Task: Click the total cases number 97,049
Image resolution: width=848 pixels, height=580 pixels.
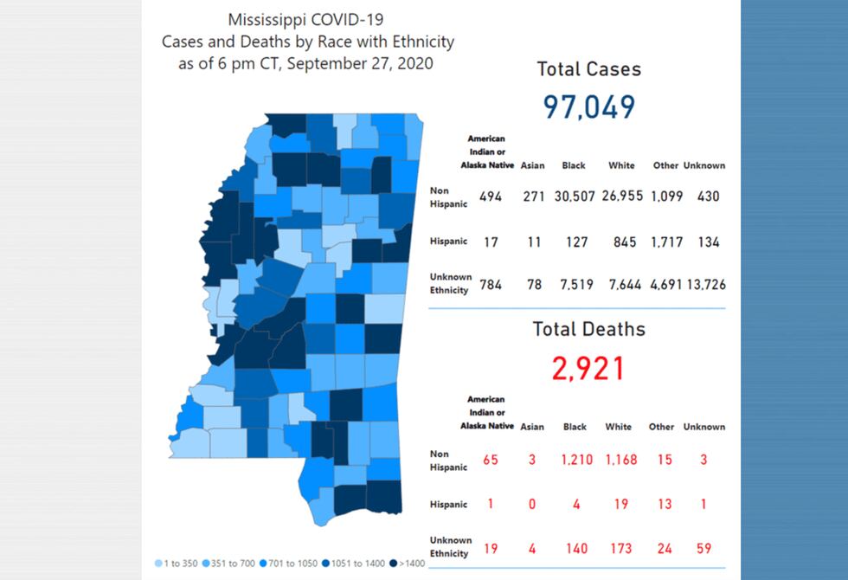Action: coord(588,106)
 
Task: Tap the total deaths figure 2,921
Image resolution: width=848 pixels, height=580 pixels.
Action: coord(588,368)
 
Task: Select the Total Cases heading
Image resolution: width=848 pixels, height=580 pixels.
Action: coord(588,69)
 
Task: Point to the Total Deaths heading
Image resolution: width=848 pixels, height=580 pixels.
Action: coord(588,329)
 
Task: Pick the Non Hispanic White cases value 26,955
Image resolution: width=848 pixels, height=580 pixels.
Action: coord(621,197)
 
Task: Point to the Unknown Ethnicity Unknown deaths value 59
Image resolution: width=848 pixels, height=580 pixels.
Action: coord(703,548)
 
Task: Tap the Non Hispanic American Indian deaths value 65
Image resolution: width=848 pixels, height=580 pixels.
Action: coord(491,460)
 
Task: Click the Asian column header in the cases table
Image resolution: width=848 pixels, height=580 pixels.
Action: coord(532,165)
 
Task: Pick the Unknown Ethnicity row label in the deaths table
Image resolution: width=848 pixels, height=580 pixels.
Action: coord(450,547)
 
